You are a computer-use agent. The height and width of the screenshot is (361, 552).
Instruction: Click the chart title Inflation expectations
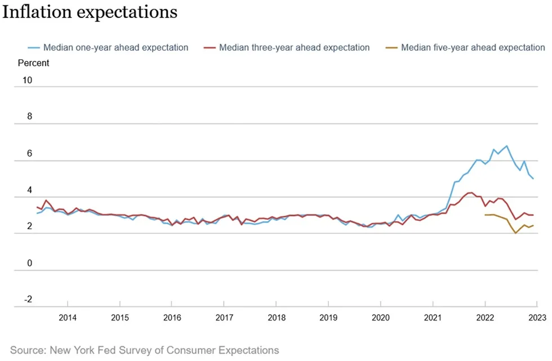90,12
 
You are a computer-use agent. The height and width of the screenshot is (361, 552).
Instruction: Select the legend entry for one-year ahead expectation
108,47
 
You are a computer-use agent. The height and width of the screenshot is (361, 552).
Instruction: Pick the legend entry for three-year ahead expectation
287,47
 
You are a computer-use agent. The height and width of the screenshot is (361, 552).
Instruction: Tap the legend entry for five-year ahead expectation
465,47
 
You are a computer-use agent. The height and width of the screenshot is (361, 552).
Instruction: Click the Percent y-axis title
33,63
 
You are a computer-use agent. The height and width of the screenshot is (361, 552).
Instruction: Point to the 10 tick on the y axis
27,80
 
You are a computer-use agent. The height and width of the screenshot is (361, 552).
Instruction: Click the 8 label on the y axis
29,117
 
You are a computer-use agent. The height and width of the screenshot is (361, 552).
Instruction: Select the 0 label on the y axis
29,263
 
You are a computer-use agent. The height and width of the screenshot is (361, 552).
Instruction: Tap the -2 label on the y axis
28,300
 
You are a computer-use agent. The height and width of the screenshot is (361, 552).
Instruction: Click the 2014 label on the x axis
68,318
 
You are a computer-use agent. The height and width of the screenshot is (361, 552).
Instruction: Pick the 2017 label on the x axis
224,318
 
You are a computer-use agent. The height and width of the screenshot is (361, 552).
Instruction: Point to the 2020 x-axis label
381,318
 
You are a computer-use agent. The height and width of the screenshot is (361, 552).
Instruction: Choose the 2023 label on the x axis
537,318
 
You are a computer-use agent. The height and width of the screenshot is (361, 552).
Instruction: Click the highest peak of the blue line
506,146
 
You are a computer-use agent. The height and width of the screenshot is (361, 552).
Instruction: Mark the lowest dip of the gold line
515,233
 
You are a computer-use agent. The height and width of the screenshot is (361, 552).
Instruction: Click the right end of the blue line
533,179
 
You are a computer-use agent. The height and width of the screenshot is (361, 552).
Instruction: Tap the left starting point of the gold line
485,215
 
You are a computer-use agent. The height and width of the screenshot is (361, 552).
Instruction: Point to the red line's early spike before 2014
46,200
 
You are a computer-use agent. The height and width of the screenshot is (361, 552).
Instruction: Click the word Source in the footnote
28,350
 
